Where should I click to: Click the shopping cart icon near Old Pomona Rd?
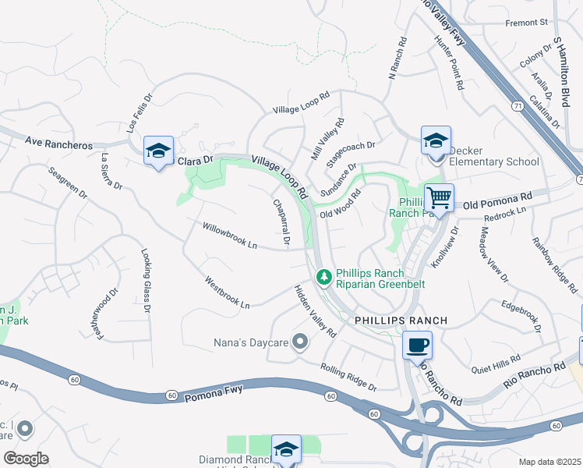click(x=439, y=198)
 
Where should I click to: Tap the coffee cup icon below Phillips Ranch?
click(x=417, y=344)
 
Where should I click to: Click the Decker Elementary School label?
click(x=488, y=161)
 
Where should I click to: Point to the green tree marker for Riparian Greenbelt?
click(x=323, y=277)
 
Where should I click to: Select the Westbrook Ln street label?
click(x=228, y=292)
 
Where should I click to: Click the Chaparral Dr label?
click(x=281, y=222)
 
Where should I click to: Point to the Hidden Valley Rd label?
click(x=315, y=310)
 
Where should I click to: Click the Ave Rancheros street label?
click(x=58, y=144)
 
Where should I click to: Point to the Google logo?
click(x=26, y=458)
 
